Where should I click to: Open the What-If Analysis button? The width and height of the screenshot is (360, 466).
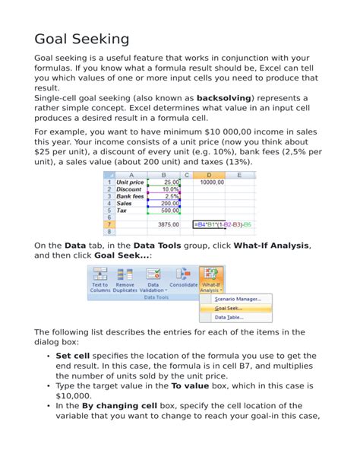(x=210, y=281)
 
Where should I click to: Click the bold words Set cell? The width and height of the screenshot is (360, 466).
(x=73, y=355)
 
